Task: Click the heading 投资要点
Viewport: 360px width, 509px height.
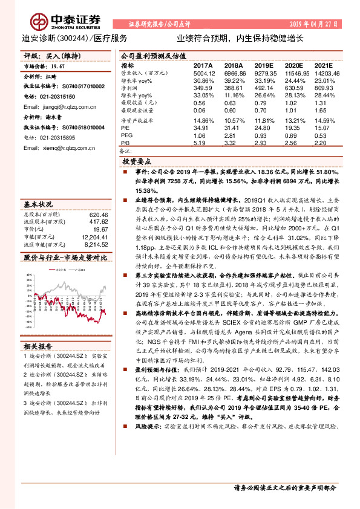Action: click(x=137, y=162)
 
